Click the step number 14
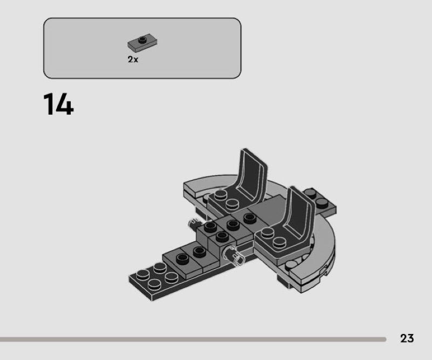[x=58, y=104]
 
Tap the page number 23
[x=407, y=338]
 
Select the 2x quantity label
[x=133, y=59]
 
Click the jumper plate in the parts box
[x=142, y=43]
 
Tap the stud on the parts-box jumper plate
[x=143, y=40]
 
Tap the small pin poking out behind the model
[x=194, y=223]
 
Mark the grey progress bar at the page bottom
[x=193, y=339]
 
